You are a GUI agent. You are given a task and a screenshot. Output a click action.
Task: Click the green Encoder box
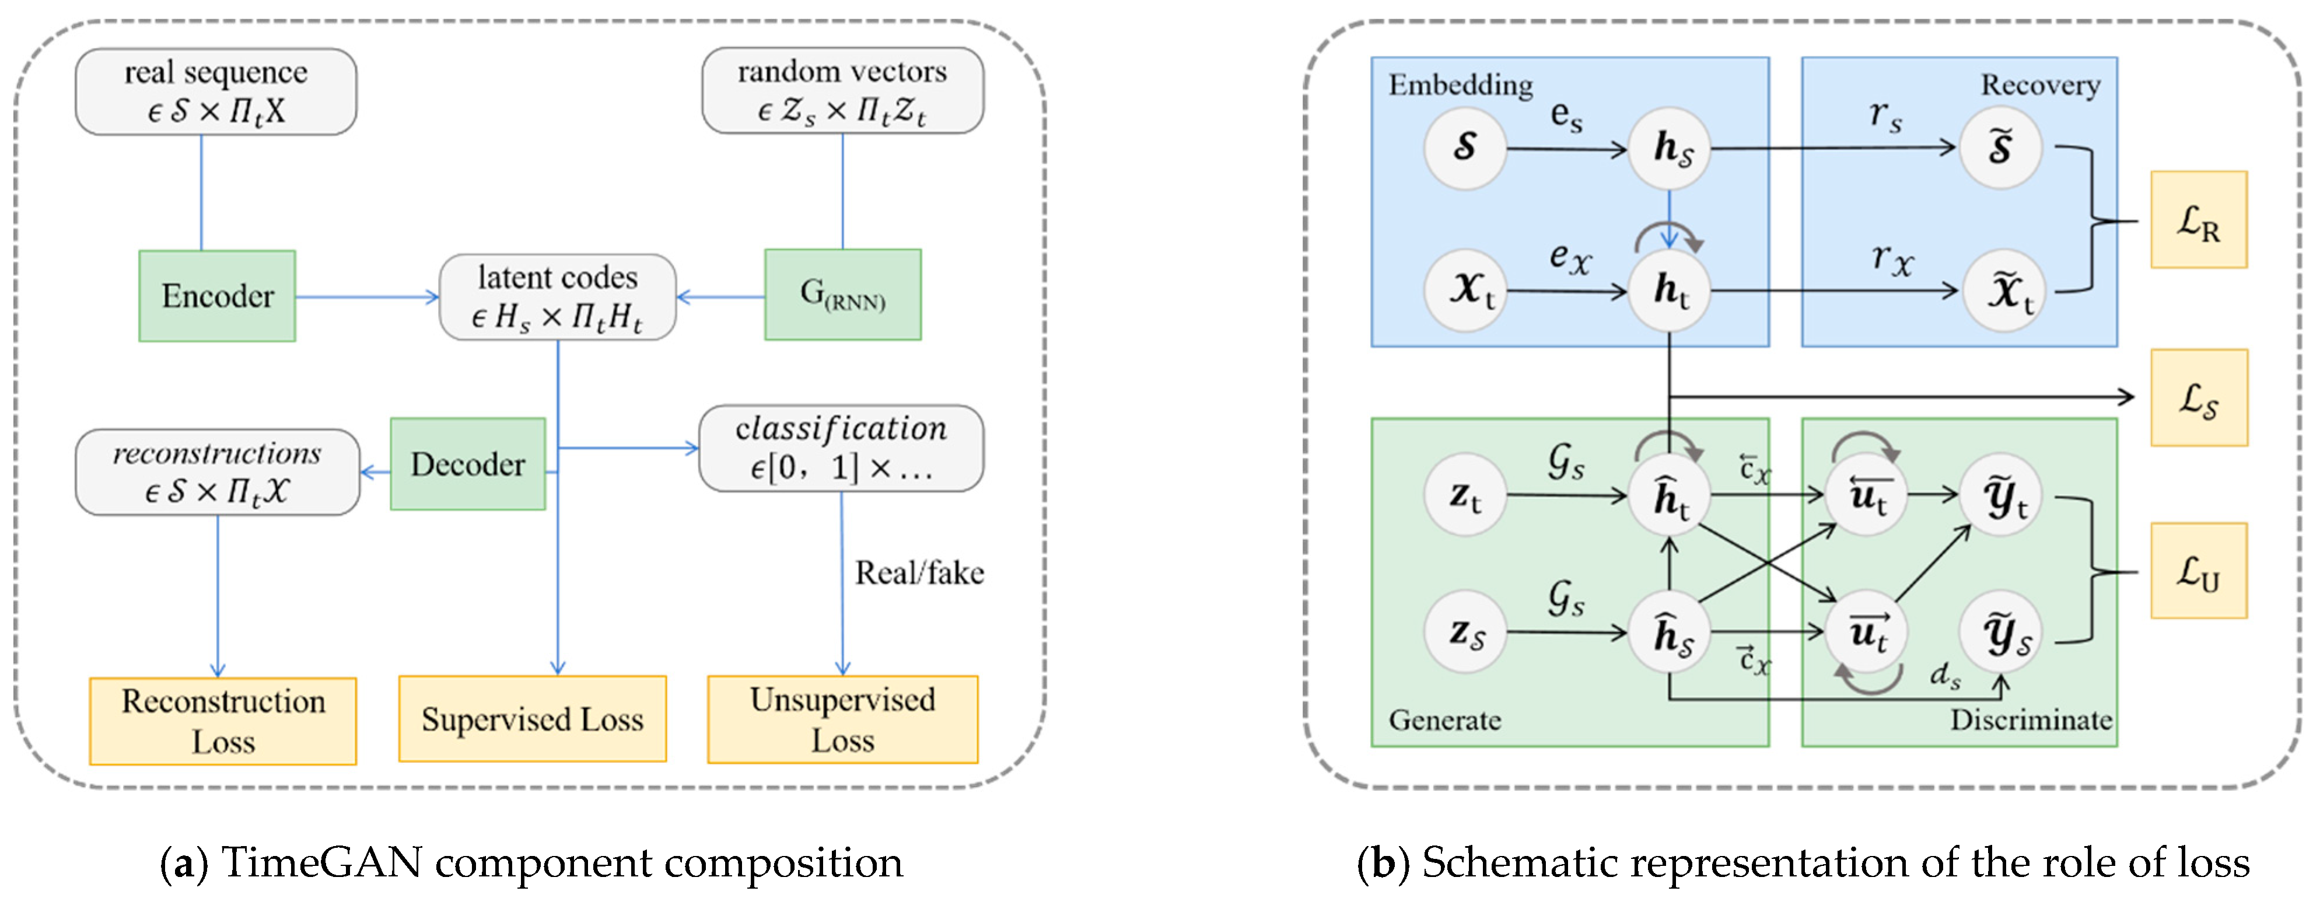[x=217, y=296]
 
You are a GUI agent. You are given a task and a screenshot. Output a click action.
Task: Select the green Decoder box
[x=467, y=464]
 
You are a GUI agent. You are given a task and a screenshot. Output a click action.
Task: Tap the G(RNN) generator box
[x=842, y=295]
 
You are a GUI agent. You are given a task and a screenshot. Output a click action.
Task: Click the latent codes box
[x=558, y=297]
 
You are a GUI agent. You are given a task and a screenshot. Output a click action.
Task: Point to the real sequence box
[x=216, y=92]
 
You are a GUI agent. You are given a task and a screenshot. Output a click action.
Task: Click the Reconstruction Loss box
[x=223, y=721]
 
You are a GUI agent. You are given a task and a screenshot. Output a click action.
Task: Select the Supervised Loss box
[x=532, y=719]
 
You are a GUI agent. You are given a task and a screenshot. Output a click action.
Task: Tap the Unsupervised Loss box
[x=842, y=719]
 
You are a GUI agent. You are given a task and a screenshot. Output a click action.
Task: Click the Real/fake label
[x=919, y=573]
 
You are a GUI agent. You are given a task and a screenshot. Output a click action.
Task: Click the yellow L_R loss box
[x=2199, y=220]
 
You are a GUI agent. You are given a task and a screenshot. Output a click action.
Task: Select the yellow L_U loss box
[x=2199, y=571]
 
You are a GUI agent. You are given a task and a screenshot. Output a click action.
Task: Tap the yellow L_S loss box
[x=2199, y=397]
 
